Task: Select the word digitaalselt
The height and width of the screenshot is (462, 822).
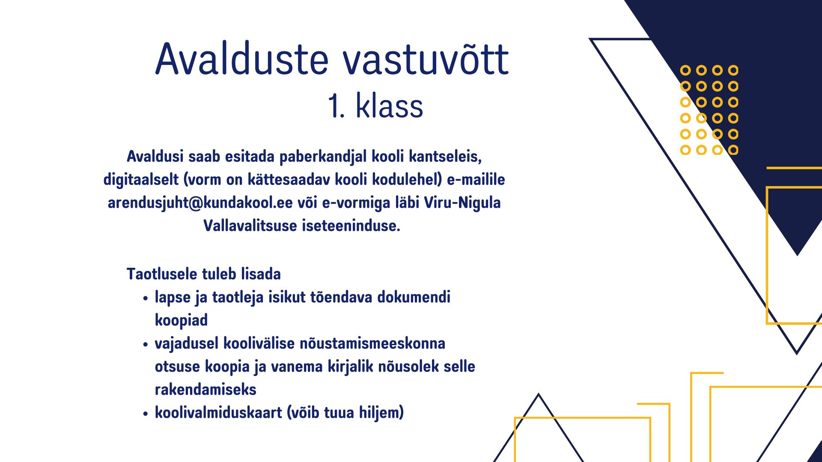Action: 141,180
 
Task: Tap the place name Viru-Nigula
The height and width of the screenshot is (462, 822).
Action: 462,203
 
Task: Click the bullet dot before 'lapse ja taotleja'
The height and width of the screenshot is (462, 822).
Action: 146,299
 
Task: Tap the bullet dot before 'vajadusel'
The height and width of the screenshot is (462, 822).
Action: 146,345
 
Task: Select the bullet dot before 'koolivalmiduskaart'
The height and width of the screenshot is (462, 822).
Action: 146,414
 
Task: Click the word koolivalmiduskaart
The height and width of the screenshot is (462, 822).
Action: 218,413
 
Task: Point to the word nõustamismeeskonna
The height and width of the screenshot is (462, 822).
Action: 372,344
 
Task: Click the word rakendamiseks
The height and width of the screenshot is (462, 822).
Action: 205,390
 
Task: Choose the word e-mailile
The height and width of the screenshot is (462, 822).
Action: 476,180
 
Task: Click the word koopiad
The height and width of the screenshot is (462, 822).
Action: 181,321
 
